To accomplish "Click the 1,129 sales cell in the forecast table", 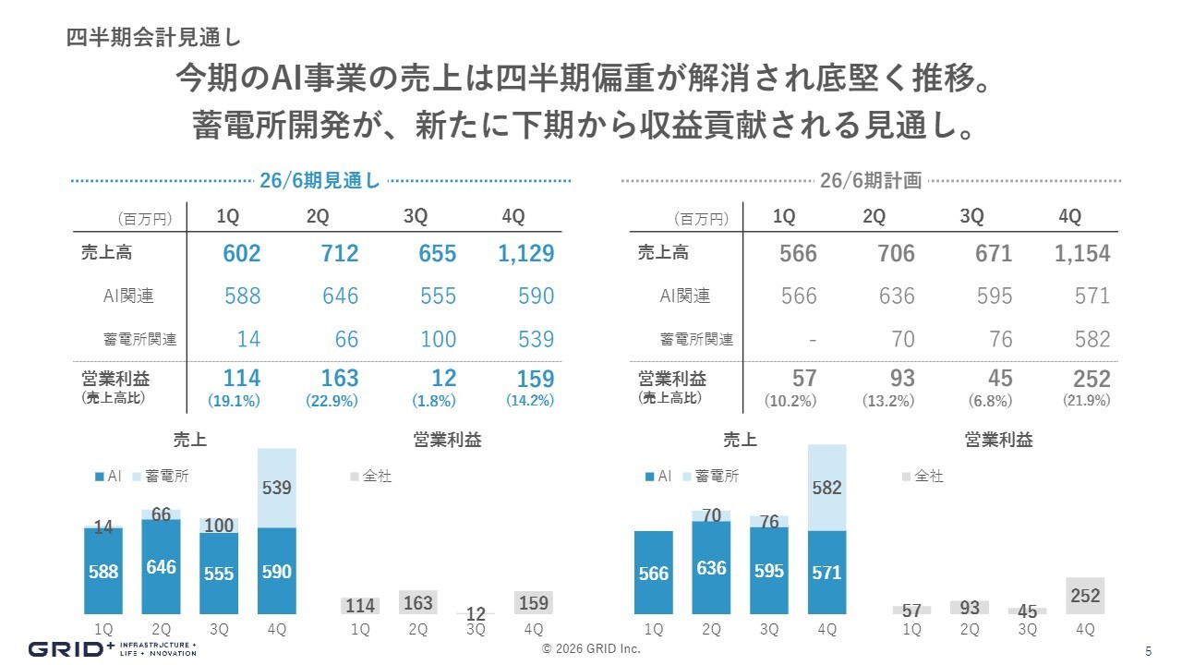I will pyautogui.click(x=525, y=254).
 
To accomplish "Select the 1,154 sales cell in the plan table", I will pyautogui.click(x=1082, y=254).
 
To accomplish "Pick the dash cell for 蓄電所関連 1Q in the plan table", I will pyautogui.click(x=812, y=340).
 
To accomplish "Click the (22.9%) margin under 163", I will pyautogui.click(x=332, y=401).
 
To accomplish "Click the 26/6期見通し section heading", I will pyautogui.click(x=320, y=181).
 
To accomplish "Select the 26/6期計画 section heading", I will pyautogui.click(x=871, y=181).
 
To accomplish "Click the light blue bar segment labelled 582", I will pyautogui.click(x=827, y=488).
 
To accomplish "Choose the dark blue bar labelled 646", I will pyautogui.click(x=161, y=566).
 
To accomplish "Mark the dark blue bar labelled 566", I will pyautogui.click(x=653, y=573).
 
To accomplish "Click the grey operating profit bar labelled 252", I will pyautogui.click(x=1085, y=596).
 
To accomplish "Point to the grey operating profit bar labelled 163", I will pyautogui.click(x=418, y=602).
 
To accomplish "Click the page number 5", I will pyautogui.click(x=1148, y=649).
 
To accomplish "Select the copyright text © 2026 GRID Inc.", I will pyautogui.click(x=591, y=649).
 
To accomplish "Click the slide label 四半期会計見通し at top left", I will pyautogui.click(x=153, y=38).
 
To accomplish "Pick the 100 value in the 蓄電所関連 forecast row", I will pyautogui.click(x=438, y=340).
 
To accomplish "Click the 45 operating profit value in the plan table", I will pyautogui.click(x=999, y=379).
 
